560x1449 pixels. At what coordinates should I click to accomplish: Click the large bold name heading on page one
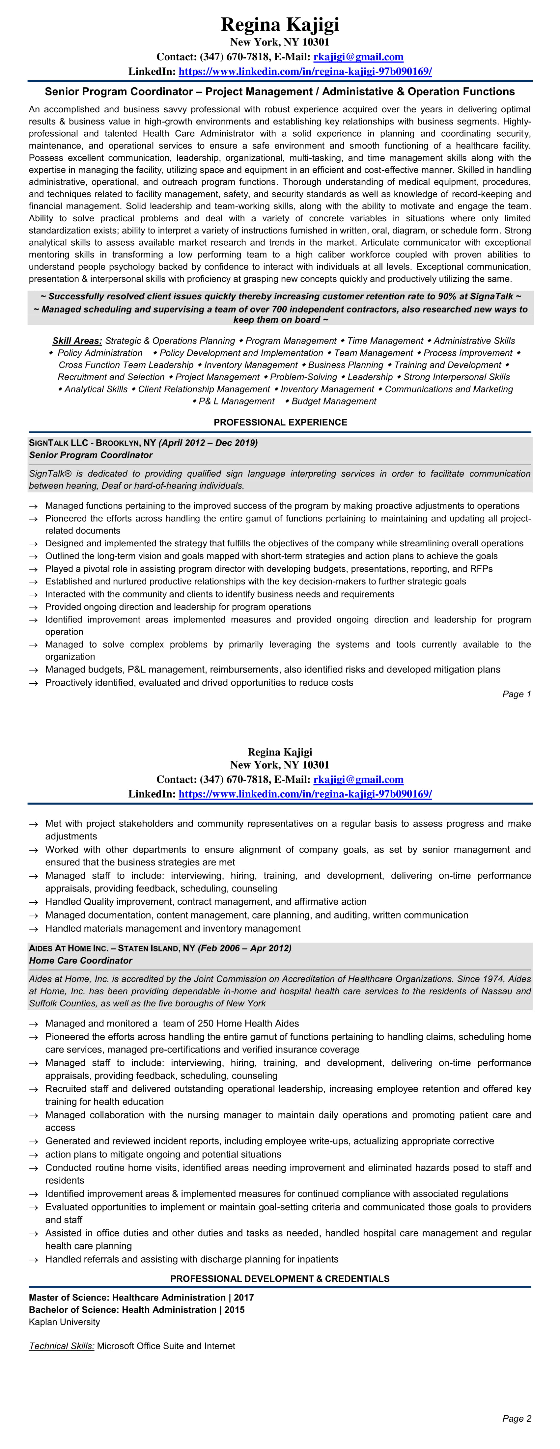(x=280, y=25)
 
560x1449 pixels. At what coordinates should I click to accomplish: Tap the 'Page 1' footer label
(x=516, y=694)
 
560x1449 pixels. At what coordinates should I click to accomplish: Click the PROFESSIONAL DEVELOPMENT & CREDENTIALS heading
(x=280, y=1278)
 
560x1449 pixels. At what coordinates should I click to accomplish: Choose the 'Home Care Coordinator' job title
(x=80, y=961)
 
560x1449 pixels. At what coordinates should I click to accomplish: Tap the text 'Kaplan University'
(x=64, y=1322)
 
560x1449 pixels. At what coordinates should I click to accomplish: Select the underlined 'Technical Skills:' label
(x=61, y=1346)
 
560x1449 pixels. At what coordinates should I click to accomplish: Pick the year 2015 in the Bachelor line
(x=235, y=1309)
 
